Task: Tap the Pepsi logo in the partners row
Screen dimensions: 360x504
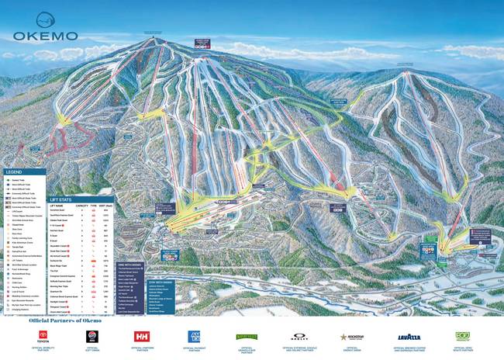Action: pos(91,336)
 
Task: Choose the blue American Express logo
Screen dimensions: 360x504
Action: pos(194,336)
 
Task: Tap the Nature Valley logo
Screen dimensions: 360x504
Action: pos(247,337)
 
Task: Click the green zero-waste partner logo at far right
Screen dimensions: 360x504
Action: pos(463,336)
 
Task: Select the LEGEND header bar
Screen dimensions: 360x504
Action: pos(23,171)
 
